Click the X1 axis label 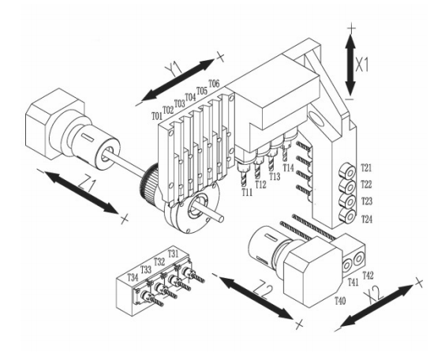pyautogui.click(x=362, y=65)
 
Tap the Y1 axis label pyautogui.click(x=174, y=69)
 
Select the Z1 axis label pyautogui.click(x=87, y=185)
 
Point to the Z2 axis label pyautogui.click(x=264, y=291)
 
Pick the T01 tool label pyautogui.click(x=157, y=116)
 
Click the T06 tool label pyautogui.click(x=215, y=84)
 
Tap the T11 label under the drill pyautogui.click(x=247, y=192)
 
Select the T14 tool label pyautogui.click(x=288, y=167)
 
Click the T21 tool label pyautogui.click(x=366, y=168)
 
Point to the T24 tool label pyautogui.click(x=367, y=219)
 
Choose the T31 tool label pyautogui.click(x=173, y=253)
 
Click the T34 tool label pyautogui.click(x=133, y=277)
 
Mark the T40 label pyautogui.click(x=340, y=301)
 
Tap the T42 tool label pyautogui.click(x=368, y=275)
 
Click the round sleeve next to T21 pyautogui.click(x=347, y=171)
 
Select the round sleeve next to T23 pyautogui.click(x=348, y=201)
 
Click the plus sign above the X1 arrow pyautogui.click(x=351, y=28)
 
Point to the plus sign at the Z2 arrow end pyautogui.click(x=299, y=324)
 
